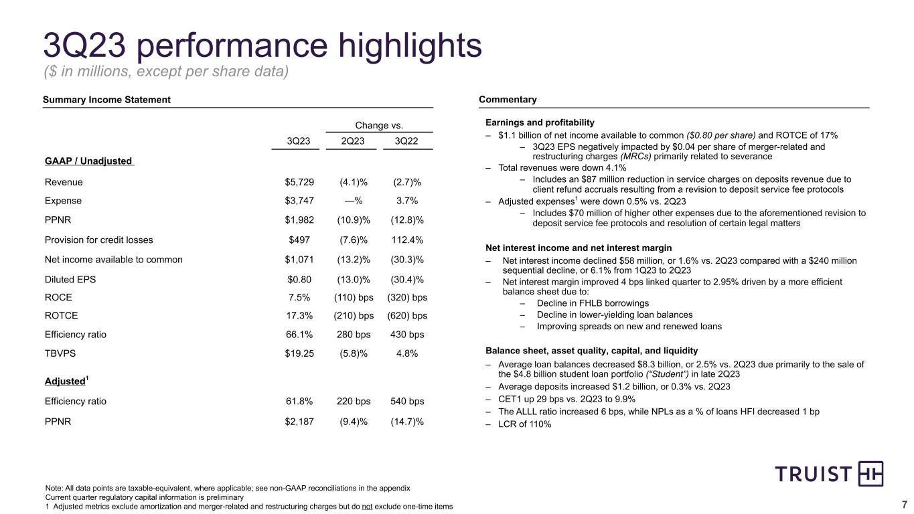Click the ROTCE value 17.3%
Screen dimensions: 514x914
pos(299,315)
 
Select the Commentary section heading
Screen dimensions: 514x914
pos(508,100)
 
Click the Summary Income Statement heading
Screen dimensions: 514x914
pos(106,100)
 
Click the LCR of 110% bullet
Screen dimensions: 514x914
pos(525,424)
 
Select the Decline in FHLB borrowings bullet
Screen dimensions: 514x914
pos(583,303)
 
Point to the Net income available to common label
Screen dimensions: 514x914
pos(113,260)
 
